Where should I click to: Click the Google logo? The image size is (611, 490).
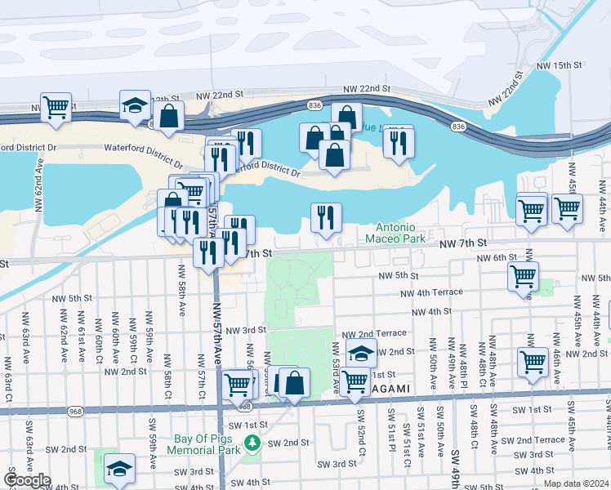coord(27,480)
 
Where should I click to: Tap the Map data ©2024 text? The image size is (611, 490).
coord(576,483)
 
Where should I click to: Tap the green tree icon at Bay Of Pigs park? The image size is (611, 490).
coord(252,443)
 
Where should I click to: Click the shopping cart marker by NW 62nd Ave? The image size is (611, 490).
coord(56,107)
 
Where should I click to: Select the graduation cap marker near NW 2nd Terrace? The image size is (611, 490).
coord(361,354)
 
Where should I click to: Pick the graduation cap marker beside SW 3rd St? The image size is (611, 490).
coord(119,469)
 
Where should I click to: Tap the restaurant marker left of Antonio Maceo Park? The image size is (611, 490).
coord(326,217)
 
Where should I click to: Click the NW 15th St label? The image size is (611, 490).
coord(560,65)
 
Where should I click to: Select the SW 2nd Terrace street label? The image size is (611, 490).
coord(533,440)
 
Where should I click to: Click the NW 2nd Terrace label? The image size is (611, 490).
coord(374,334)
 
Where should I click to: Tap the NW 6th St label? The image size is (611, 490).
coord(499,257)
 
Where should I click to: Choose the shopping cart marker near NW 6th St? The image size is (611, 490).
coord(523,276)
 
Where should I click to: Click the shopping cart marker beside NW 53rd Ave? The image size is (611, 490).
coord(355,381)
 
